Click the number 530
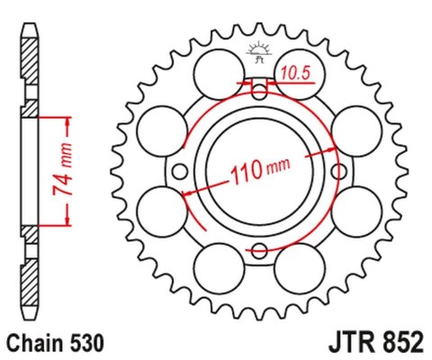(x=89, y=343)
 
